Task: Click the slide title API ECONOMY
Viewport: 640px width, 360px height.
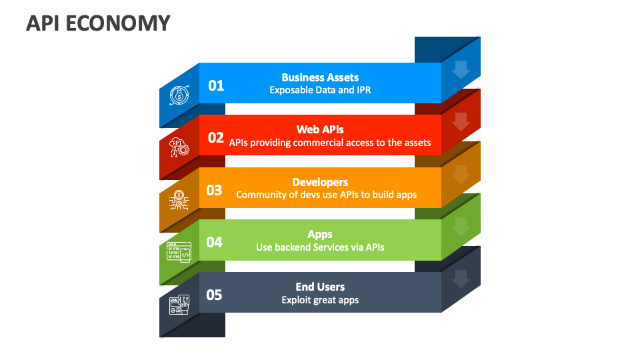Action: [98, 23]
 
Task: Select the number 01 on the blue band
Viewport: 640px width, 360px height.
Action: [216, 85]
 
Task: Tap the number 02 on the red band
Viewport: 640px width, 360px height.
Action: [216, 137]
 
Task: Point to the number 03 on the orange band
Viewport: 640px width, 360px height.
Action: [214, 190]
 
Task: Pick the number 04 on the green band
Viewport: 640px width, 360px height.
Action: [214, 242]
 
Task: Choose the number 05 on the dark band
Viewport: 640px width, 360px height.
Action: [214, 295]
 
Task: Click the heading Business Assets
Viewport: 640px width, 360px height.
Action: [320, 77]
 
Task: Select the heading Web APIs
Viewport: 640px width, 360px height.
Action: [320, 129]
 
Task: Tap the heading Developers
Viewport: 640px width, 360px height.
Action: [320, 182]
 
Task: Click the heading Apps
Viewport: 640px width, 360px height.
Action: [320, 234]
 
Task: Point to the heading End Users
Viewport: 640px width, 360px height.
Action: [320, 287]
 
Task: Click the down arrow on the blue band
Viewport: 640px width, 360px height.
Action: [461, 69]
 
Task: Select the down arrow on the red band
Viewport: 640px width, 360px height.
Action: [461, 122]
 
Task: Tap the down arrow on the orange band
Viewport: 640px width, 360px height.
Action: [461, 174]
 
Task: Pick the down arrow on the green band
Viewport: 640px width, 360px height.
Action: [461, 227]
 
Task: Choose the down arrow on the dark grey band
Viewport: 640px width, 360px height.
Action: [461, 279]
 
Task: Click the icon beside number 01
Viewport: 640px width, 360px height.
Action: [179, 95]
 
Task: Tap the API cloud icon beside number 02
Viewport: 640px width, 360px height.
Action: [179, 147]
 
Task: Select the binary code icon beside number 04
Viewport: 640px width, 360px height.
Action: [179, 253]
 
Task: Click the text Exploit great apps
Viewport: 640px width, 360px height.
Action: [320, 300]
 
